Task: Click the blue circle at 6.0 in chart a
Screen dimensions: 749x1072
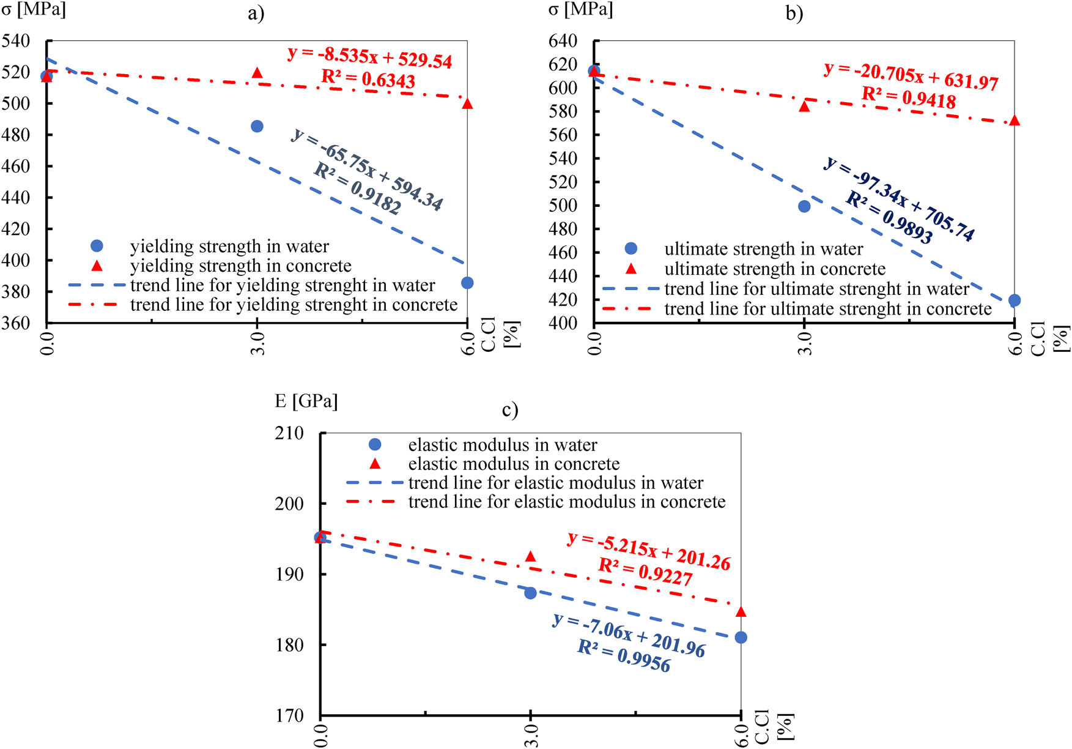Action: tap(467, 283)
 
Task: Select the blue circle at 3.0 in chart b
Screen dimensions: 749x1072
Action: tap(804, 206)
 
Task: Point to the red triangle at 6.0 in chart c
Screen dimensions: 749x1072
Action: tap(741, 612)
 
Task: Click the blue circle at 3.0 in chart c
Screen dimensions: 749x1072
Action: tap(530, 593)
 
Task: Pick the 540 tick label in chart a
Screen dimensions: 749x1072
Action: tap(16, 42)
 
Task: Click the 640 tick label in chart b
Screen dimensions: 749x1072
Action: tap(563, 42)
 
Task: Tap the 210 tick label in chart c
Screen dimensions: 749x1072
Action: tap(289, 433)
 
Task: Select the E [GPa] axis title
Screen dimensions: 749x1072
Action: tap(306, 401)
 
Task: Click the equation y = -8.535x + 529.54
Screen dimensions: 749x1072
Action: tap(370, 58)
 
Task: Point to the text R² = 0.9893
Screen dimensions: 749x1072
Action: tap(889, 218)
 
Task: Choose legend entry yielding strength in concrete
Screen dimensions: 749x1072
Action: tap(240, 266)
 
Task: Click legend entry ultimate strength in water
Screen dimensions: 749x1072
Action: tap(763, 249)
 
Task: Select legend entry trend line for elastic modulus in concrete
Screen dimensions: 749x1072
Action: tap(566, 502)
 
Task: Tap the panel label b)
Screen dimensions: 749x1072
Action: tap(794, 13)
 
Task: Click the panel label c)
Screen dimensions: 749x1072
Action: tap(510, 409)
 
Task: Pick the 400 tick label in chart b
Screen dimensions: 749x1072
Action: tap(563, 324)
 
